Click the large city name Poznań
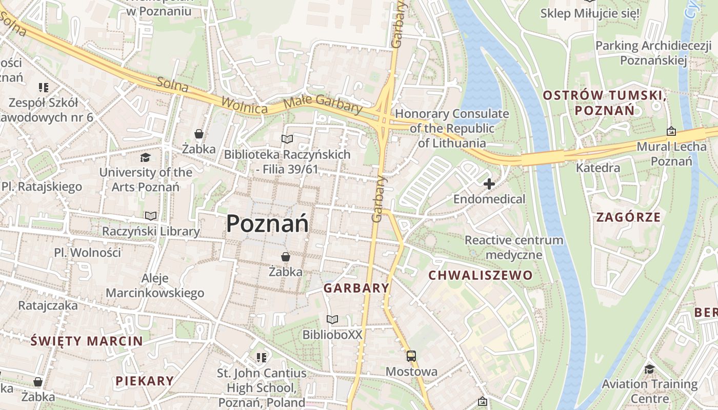tap(267, 224)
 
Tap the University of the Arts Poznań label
tap(146, 179)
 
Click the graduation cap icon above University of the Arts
tap(146, 157)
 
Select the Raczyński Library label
tap(151, 231)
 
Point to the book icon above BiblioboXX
tap(332, 320)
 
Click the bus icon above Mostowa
tap(411, 356)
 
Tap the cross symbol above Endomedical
tap(489, 183)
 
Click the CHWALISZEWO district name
tap(481, 275)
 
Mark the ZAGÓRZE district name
tap(628, 217)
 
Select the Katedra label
tap(598, 168)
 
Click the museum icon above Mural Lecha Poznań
tap(671, 132)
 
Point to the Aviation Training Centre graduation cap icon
tap(649, 369)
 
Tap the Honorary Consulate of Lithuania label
tap(452, 128)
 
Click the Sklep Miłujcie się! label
tap(590, 13)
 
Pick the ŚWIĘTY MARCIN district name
tap(87, 341)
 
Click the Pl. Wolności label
tap(88, 252)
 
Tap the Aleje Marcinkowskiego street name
tap(155, 286)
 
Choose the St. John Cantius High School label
tap(262, 387)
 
